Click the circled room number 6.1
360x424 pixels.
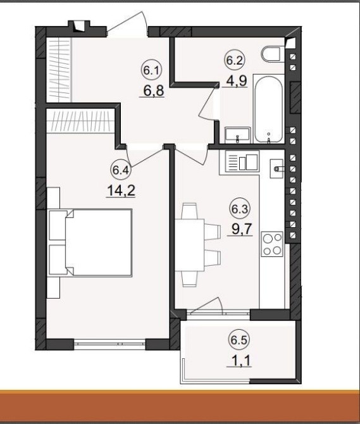click(x=151, y=71)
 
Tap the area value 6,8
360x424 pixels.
click(x=154, y=91)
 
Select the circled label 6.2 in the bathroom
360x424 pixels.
click(x=235, y=60)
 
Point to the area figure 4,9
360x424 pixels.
click(x=237, y=80)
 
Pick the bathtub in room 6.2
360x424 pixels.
click(x=268, y=109)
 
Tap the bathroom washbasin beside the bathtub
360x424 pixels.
click(x=237, y=135)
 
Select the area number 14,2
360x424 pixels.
click(x=121, y=191)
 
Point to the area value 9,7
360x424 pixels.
click(x=240, y=230)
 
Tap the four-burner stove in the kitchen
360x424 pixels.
click(x=272, y=244)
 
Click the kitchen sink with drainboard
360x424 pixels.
click(x=239, y=162)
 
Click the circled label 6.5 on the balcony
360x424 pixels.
click(x=239, y=340)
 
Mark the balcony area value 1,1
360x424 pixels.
click(x=239, y=360)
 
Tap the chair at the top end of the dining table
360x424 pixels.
click(x=189, y=211)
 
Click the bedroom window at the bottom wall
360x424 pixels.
click(x=109, y=344)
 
